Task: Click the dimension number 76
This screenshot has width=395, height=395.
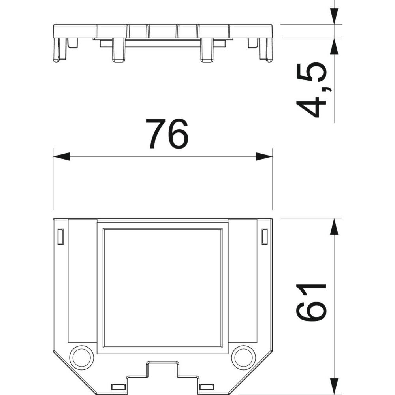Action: [167, 134]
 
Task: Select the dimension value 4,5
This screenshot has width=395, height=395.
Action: [311, 89]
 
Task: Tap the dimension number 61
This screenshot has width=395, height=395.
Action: [311, 302]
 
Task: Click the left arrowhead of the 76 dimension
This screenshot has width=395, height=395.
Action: [61, 156]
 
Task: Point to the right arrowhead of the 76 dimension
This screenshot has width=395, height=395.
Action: [264, 156]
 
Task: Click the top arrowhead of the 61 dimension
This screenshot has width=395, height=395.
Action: [334, 226]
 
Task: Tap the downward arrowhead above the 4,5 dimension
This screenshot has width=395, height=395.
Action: [334, 17]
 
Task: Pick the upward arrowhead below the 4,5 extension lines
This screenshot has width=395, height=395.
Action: [334, 46]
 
